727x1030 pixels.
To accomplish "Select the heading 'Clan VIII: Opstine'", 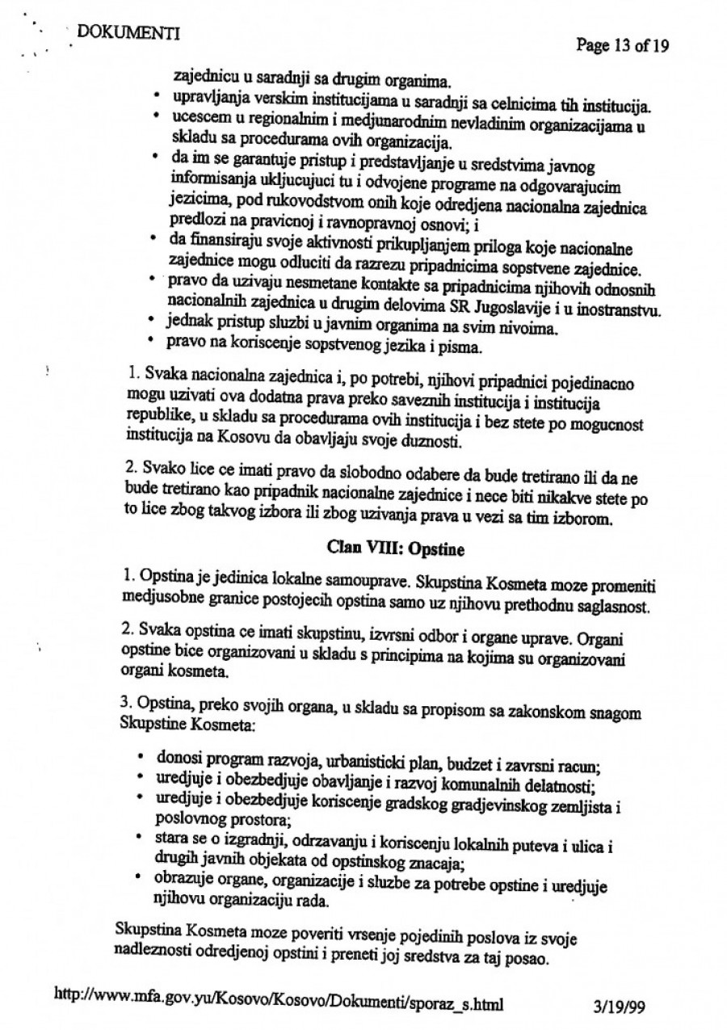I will (389, 546).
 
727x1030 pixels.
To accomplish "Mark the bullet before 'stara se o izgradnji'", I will (141, 836).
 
